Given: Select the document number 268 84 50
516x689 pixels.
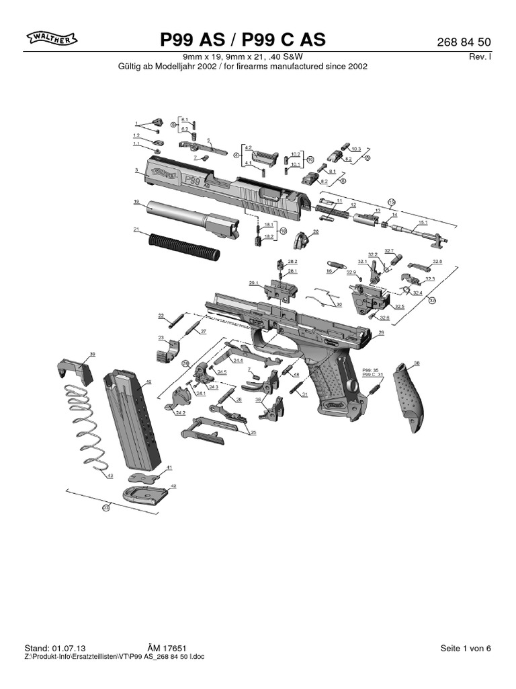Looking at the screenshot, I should coord(464,42).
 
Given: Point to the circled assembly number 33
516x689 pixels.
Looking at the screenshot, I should coord(105,509).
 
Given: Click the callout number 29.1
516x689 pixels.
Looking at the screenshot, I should coord(253,283).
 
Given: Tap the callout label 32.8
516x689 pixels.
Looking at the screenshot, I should coord(437,261).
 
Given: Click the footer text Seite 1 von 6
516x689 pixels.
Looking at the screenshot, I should coord(466,648).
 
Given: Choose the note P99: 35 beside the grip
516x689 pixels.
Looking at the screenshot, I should coord(371,370).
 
